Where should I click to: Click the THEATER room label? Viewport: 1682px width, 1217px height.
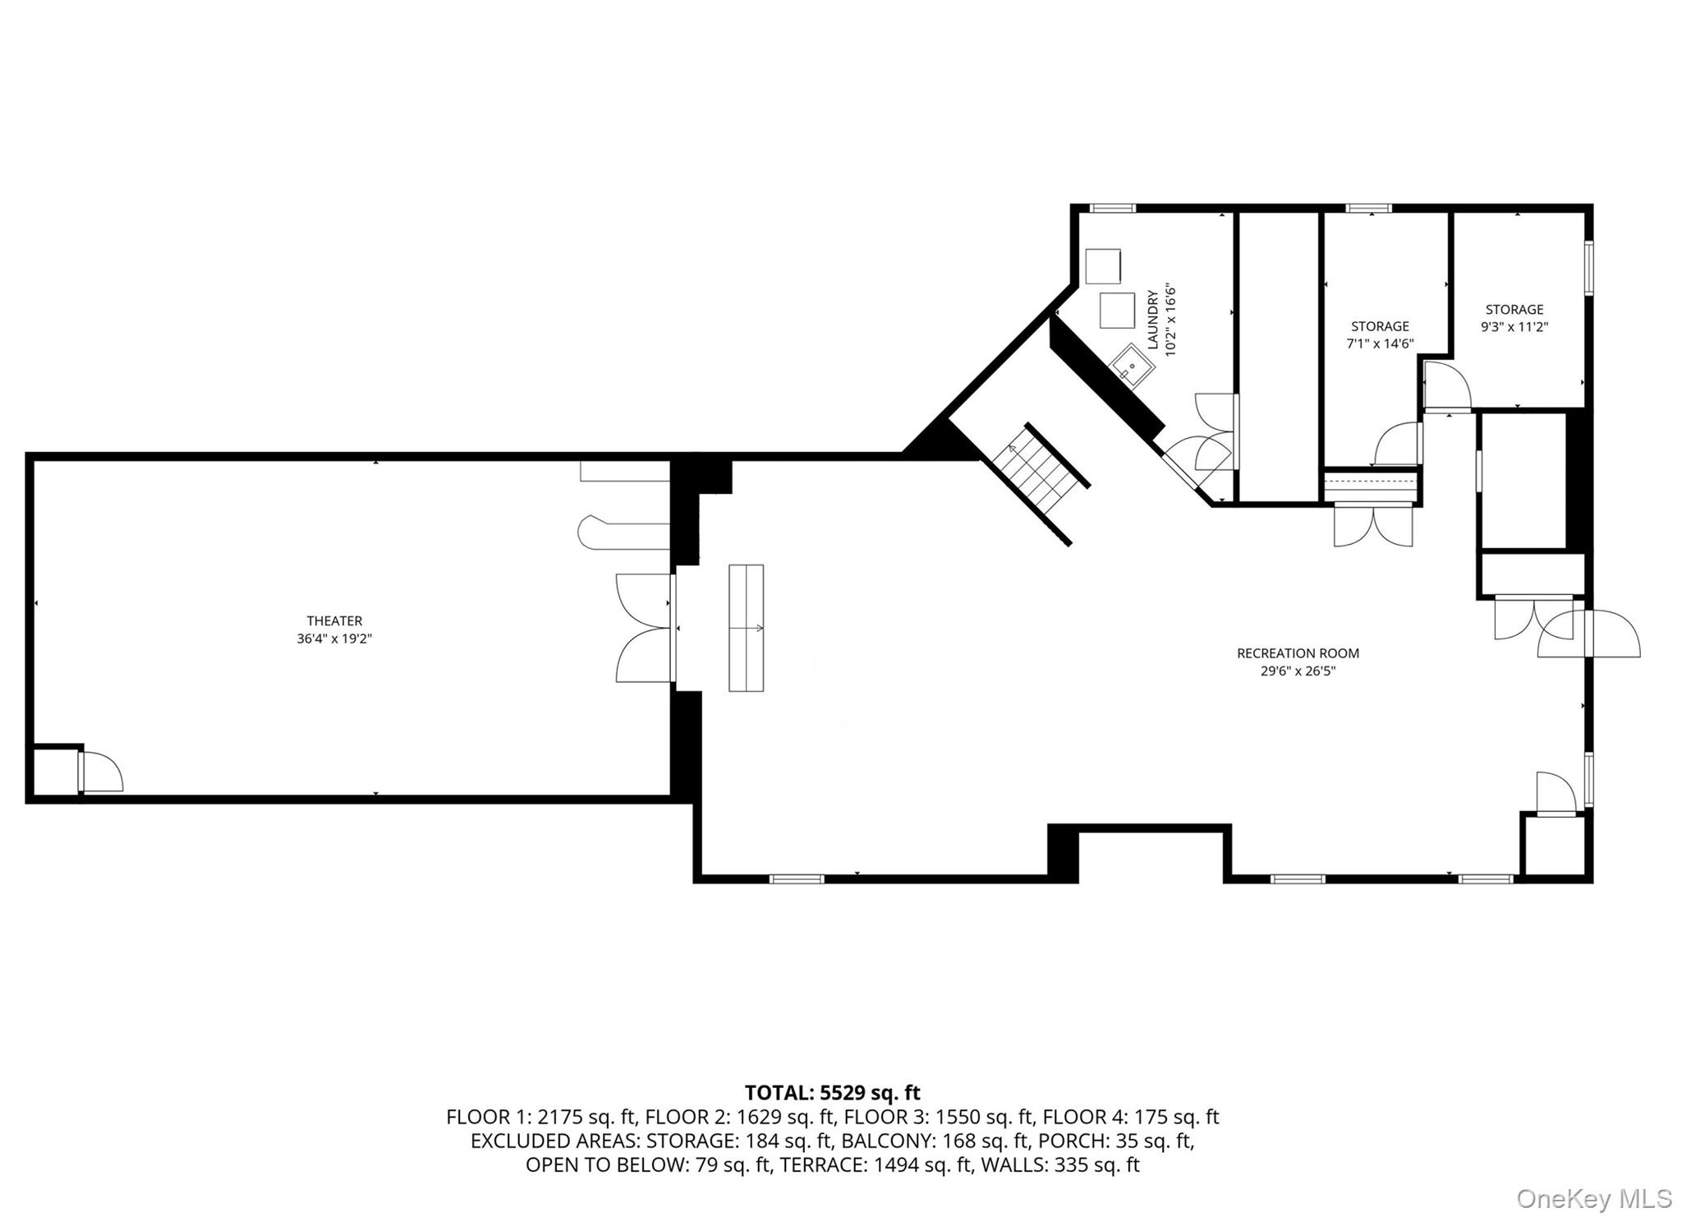(x=334, y=621)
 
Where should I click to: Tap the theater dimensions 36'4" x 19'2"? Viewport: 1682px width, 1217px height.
(x=334, y=638)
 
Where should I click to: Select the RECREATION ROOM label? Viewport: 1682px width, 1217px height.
(x=1298, y=653)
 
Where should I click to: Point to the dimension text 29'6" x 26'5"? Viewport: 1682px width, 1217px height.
(x=1298, y=671)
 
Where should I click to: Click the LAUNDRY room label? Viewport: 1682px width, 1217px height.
(x=1153, y=320)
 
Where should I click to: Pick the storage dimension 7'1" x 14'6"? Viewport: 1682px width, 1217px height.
(x=1380, y=343)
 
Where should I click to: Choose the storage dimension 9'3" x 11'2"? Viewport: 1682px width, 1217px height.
(x=1514, y=326)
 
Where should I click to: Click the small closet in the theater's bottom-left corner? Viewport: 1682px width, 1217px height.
(x=55, y=771)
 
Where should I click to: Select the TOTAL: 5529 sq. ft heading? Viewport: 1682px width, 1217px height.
(x=832, y=1093)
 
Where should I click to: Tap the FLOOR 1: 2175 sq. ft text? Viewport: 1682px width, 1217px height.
(x=542, y=1118)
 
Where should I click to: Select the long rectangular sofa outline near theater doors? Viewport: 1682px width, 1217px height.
(x=747, y=628)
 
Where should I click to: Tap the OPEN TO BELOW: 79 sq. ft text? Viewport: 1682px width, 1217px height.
(x=647, y=1165)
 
